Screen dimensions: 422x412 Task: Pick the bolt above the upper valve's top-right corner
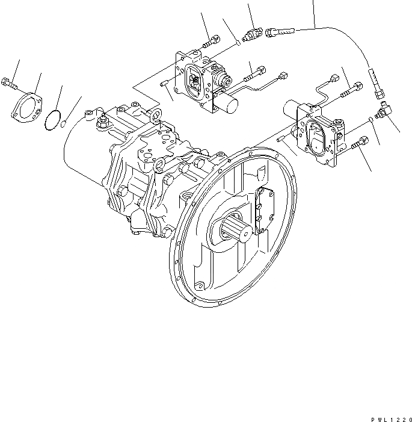click(x=209, y=43)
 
